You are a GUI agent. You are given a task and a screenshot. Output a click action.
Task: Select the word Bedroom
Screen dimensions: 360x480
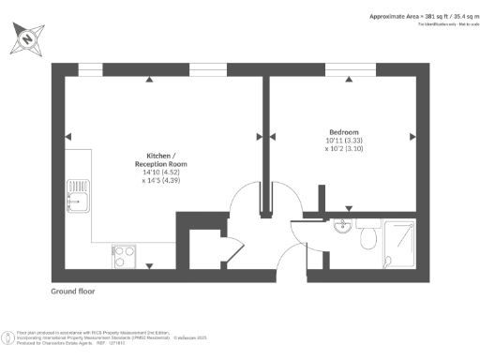pyautogui.click(x=343, y=132)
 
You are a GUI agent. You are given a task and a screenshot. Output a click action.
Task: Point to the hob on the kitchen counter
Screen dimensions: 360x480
pyautogui.click(x=124, y=253)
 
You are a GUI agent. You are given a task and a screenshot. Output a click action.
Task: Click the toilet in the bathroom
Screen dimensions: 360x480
pyautogui.click(x=368, y=238)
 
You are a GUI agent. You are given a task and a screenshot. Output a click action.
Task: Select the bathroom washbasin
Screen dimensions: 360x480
pyautogui.click(x=343, y=225)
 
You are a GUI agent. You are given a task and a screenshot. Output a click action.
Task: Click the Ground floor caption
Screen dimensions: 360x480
pyautogui.click(x=72, y=292)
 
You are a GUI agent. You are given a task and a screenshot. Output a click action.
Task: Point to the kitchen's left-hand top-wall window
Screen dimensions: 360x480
pyautogui.click(x=91, y=69)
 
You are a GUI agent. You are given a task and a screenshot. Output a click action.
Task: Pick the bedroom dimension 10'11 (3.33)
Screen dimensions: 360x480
pyautogui.click(x=343, y=141)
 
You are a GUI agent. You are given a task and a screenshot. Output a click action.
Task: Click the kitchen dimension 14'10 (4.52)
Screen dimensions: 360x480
pyautogui.click(x=157, y=173)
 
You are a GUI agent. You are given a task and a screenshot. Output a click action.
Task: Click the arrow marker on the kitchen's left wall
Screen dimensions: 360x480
pyautogui.click(x=67, y=138)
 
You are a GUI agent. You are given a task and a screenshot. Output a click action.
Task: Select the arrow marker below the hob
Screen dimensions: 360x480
pyautogui.click(x=150, y=266)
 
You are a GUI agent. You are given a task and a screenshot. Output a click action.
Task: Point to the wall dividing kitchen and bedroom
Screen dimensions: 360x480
pyautogui.click(x=265, y=131)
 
